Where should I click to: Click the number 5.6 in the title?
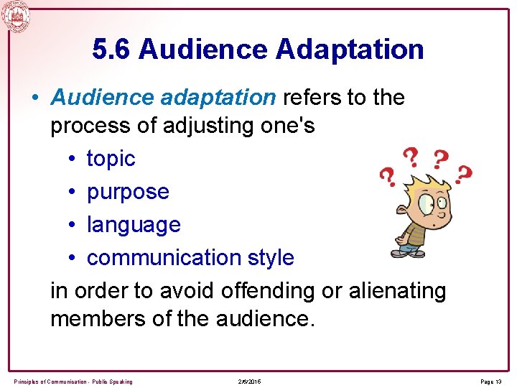[113, 50]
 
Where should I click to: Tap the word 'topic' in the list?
[111, 159]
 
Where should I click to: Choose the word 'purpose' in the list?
[128, 192]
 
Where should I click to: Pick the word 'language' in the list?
[134, 225]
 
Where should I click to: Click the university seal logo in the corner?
[16, 15]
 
